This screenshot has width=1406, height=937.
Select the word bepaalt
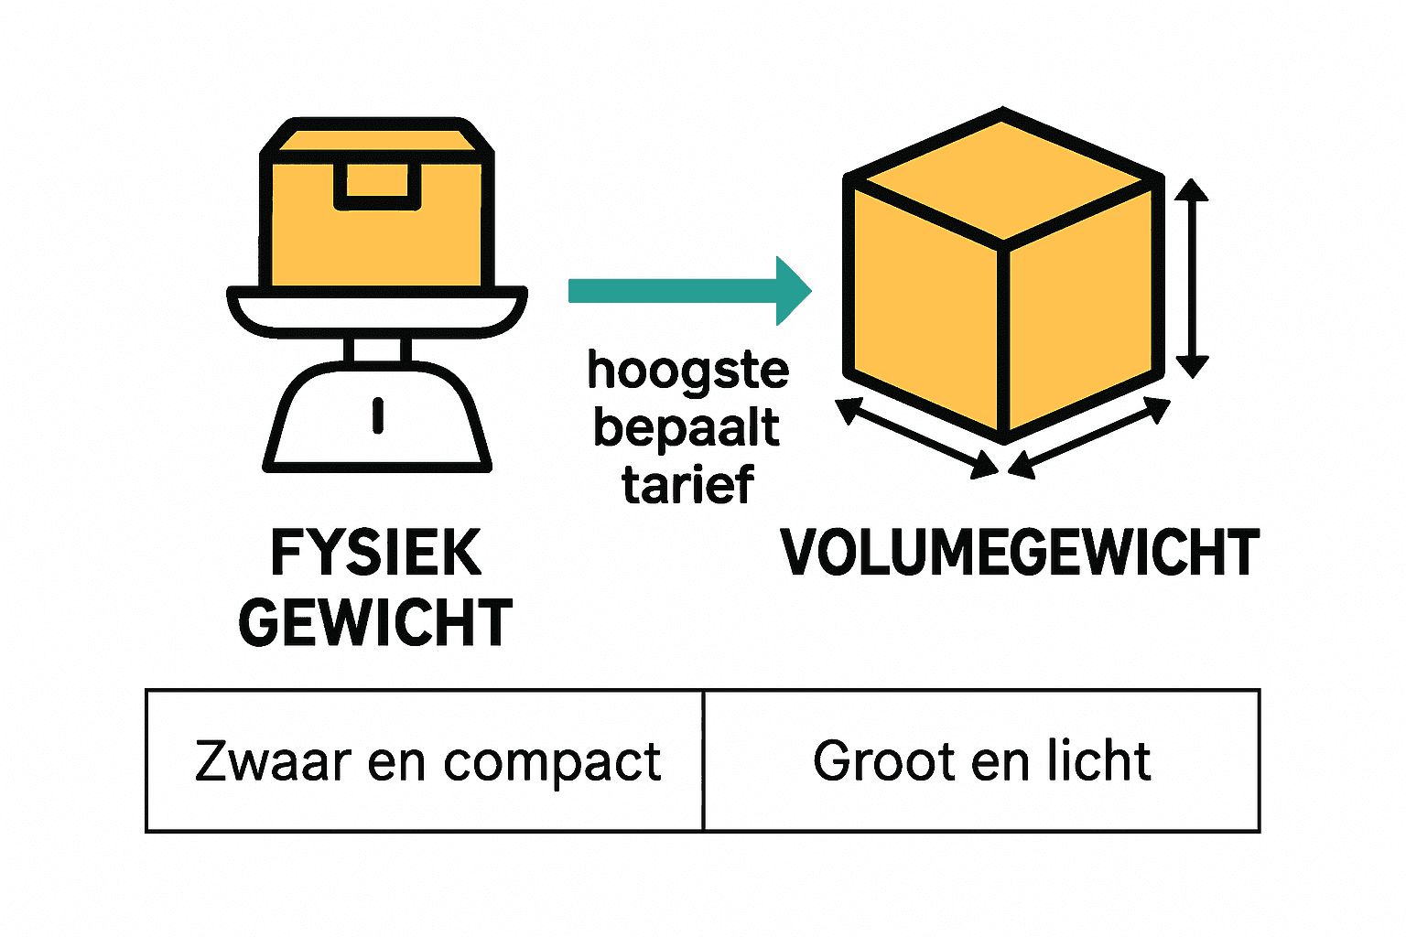click(687, 428)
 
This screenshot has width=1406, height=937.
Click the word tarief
click(688, 485)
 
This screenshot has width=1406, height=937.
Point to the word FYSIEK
click(376, 553)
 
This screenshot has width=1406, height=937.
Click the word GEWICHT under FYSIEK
click(376, 622)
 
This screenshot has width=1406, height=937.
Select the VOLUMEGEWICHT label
click(1020, 553)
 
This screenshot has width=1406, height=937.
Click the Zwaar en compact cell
click(425, 761)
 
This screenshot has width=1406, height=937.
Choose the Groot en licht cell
click(981, 761)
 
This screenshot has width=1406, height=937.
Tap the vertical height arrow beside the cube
click(1191, 278)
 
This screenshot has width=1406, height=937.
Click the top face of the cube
click(1004, 176)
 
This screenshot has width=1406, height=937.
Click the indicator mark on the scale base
click(377, 415)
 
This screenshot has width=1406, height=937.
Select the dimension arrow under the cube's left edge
click(916, 438)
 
